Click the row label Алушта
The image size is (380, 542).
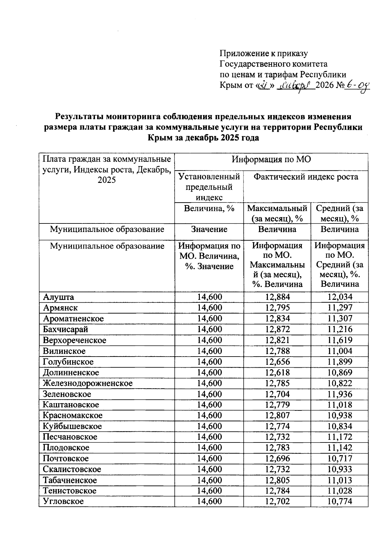click(x=59, y=297)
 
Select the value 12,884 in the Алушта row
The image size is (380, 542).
click(x=278, y=297)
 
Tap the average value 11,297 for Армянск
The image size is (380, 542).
click(x=340, y=308)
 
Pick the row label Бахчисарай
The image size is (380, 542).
click(x=66, y=329)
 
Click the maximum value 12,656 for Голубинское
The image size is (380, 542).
click(x=278, y=362)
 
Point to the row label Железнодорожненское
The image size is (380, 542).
click(x=88, y=383)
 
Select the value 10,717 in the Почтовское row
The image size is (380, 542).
click(x=340, y=459)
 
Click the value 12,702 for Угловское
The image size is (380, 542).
click(x=278, y=502)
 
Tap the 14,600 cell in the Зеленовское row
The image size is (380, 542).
click(x=210, y=394)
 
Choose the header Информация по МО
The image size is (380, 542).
click(x=271, y=159)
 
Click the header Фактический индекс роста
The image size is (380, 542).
click(x=306, y=177)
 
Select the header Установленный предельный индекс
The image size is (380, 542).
click(x=209, y=187)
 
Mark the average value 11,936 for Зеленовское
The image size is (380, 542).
click(x=340, y=394)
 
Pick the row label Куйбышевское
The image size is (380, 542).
click(x=73, y=426)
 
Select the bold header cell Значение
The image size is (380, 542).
click(x=209, y=229)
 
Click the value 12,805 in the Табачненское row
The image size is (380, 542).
click(x=278, y=480)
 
